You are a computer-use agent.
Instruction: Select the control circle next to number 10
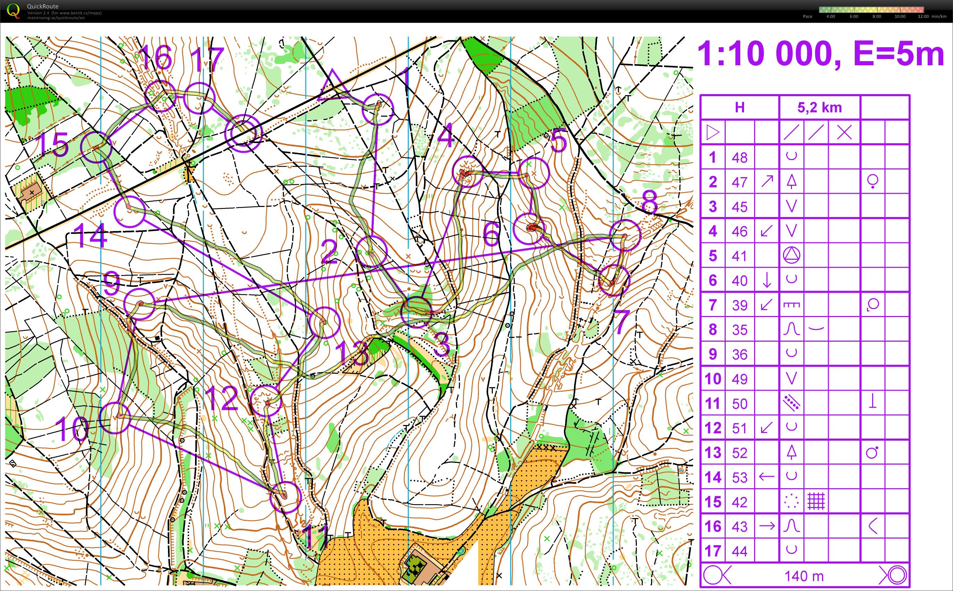115,418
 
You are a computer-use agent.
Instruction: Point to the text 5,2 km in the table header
819,108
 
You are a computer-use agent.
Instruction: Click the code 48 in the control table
739,158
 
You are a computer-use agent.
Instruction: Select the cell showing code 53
739,477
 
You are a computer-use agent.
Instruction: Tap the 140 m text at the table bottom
804,576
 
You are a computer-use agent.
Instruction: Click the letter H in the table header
739,108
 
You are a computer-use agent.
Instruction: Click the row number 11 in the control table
712,403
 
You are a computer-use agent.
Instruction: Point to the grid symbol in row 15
816,501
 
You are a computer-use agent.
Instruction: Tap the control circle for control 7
614,280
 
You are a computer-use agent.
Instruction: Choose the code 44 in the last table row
739,551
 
